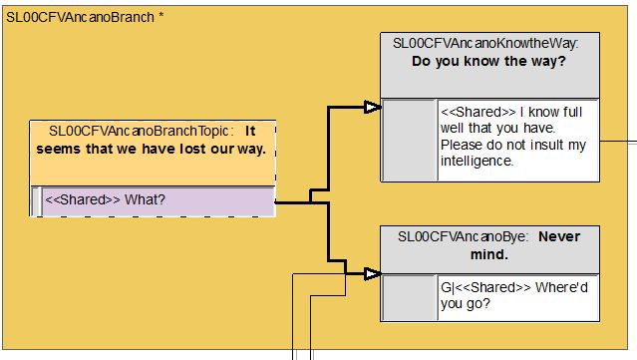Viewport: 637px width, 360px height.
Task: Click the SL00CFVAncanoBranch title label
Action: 80,18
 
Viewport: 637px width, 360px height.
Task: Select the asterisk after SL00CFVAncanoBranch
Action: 161,16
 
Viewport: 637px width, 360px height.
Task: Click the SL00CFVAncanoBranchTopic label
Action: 139,131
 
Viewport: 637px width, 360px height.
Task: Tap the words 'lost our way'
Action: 223,149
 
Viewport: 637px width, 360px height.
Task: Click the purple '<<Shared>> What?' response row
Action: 159,200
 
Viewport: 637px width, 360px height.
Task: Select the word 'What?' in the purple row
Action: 145,199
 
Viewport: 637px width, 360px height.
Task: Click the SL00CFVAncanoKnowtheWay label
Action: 485,43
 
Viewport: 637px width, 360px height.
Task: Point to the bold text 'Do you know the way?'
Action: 488,61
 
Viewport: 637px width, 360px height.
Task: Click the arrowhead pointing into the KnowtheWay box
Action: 372,108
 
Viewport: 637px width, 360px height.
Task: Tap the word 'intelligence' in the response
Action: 476,161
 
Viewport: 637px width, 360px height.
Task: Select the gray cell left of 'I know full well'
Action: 409,140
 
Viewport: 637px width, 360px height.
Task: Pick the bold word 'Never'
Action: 559,236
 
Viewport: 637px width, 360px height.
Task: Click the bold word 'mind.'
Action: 489,254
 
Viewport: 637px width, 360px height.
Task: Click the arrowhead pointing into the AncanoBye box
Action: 372,274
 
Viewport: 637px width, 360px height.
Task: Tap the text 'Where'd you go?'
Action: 514,295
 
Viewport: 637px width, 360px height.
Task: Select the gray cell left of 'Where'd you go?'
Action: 409,297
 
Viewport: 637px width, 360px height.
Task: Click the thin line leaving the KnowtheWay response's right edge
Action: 618,142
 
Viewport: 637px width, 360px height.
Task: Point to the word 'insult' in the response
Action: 547,145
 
